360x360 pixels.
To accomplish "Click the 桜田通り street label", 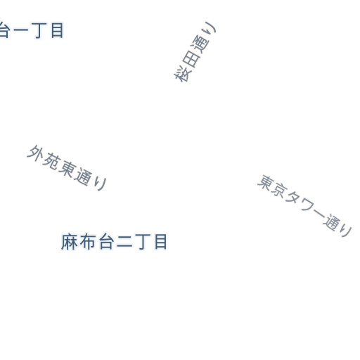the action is tap(195, 52).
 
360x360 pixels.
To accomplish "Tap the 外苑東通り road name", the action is tap(67, 167).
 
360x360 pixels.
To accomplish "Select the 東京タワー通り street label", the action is tap(304, 206).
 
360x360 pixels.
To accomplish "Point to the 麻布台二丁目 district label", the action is tap(114, 242).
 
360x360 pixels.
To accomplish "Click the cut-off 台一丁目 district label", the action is tap(32, 30).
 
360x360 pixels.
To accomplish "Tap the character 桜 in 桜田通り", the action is tap(181, 75).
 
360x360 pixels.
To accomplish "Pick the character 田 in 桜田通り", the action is tap(191, 59).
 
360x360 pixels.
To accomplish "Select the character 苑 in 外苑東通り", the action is tap(51, 160).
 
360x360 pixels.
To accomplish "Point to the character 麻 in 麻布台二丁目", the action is tap(70, 242).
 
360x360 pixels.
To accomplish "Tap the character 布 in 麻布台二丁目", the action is tap(88, 242).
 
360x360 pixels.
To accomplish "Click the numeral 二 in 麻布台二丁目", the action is tap(124, 242).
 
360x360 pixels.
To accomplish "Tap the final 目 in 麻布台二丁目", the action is tap(161, 242).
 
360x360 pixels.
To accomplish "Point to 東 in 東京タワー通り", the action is tap(266, 184).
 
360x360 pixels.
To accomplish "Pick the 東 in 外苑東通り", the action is tap(66, 168).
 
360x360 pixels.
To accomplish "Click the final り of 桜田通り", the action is tap(210, 28).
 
